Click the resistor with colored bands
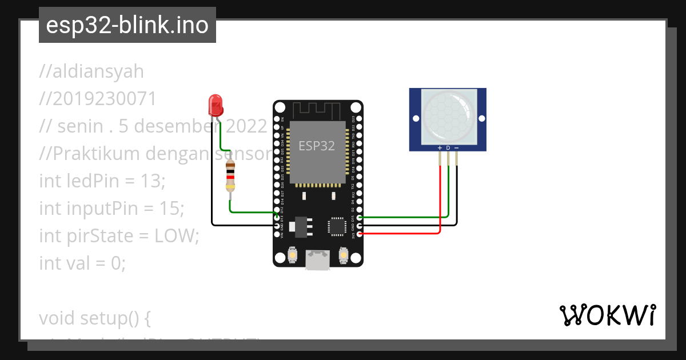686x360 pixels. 230,177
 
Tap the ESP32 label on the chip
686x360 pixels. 317,146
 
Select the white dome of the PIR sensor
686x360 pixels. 448,118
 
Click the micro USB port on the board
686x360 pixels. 317,260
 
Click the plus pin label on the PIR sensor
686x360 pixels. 440,148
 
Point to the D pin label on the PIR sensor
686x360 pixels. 448,148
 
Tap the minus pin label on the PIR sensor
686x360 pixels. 456,148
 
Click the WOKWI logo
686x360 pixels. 607,315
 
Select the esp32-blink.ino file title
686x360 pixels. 127,25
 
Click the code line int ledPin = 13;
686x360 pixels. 102,181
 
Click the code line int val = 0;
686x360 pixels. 82,263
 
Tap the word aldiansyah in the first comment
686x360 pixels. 98,71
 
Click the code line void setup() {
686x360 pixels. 94,317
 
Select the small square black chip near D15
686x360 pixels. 336,226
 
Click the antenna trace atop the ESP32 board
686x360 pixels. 317,109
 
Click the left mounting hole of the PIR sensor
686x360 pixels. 416,118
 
